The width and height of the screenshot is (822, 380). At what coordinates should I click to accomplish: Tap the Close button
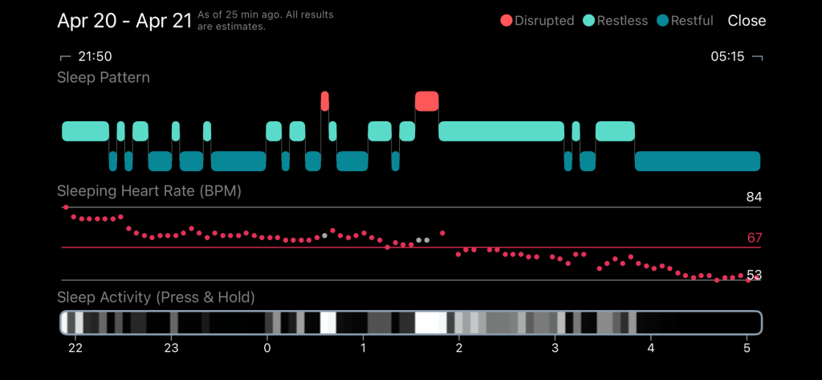tap(747, 21)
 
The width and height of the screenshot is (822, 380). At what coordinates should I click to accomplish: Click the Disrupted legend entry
tap(537, 21)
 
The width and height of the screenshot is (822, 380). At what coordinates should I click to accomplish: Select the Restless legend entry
tap(616, 21)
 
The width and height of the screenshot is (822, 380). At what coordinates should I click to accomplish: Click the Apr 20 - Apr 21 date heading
tap(124, 21)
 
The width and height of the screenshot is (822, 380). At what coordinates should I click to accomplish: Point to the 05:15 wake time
tap(726, 57)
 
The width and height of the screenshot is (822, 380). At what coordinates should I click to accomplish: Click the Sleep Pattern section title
tap(104, 78)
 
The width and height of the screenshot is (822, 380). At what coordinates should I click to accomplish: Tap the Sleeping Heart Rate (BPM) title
tap(149, 192)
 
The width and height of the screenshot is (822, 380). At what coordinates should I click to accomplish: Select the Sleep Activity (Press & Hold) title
tap(156, 297)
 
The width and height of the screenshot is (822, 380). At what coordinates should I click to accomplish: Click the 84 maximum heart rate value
tap(753, 198)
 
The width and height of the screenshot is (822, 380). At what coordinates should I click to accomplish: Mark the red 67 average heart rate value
tap(753, 238)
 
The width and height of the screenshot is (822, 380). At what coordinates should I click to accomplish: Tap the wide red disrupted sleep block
tap(426, 101)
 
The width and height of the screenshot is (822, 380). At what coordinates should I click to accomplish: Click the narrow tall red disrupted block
tap(324, 101)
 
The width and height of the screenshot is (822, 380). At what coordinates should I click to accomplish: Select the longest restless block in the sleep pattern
tap(501, 131)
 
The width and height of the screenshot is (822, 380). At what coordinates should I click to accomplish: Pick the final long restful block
tap(697, 161)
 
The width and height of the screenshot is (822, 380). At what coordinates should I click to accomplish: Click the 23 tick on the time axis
tap(170, 349)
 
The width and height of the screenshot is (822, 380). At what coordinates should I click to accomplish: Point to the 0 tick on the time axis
tap(267, 349)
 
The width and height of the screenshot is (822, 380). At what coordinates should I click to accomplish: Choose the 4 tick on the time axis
tap(651, 349)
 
